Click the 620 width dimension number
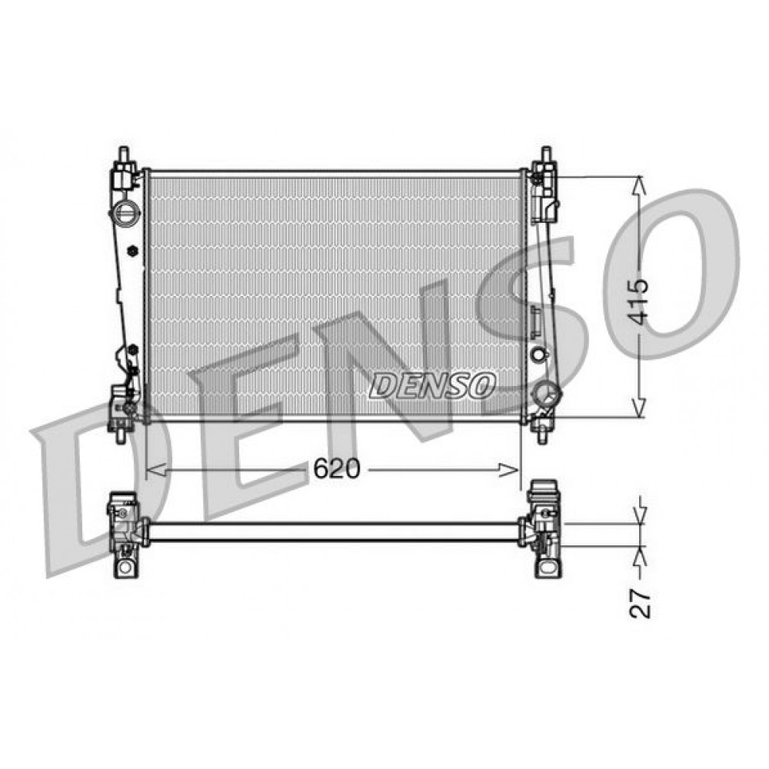336,470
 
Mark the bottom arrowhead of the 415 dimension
638,411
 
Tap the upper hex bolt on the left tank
131,251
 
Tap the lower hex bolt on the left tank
132,349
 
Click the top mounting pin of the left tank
123,155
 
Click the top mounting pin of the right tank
546,155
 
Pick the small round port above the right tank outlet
538,355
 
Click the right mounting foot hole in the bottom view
548,568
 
